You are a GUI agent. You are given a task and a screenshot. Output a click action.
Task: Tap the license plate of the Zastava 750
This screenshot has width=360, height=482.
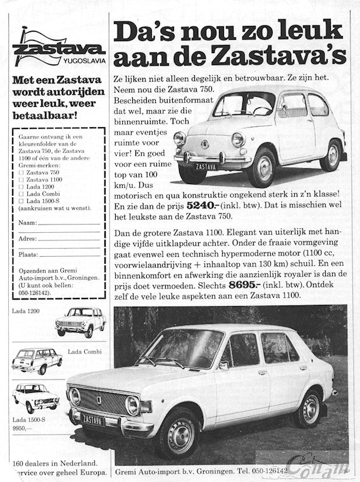click(x=205, y=167)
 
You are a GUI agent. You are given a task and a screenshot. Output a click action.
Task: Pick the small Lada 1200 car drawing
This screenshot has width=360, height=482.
click(x=80, y=322)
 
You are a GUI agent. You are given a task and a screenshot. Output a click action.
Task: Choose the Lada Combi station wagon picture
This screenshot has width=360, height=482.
click(x=37, y=360)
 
